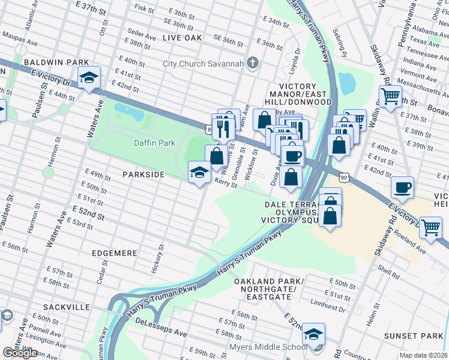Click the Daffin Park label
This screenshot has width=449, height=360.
[x=154, y=143]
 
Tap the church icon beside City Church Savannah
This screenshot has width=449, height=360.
[x=253, y=63]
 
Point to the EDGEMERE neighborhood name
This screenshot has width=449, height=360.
[x=115, y=254]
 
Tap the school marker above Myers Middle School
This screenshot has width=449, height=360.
[x=313, y=334]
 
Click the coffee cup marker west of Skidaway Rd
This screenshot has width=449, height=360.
[x=402, y=187]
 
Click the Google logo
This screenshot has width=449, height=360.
[x=20, y=353]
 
